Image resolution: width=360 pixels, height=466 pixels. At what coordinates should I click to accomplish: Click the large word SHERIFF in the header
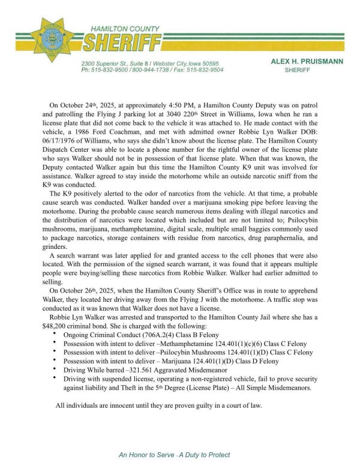click(122, 43)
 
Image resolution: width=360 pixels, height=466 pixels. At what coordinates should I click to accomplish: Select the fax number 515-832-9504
click(205, 70)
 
